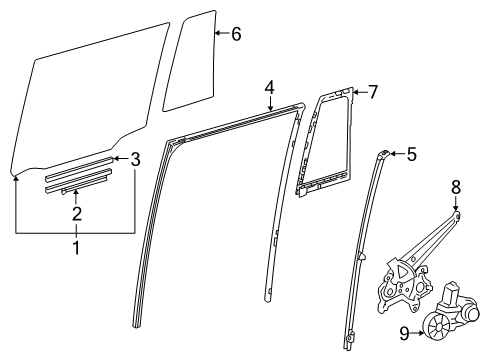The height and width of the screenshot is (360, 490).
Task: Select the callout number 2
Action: click(x=75, y=212)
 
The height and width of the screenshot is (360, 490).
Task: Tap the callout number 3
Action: click(x=137, y=157)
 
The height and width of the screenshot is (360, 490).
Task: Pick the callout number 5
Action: click(x=412, y=154)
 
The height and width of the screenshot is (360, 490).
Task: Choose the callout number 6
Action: click(x=235, y=34)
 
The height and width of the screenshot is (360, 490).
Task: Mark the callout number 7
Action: click(x=372, y=92)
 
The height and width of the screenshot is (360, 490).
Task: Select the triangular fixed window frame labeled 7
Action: click(x=325, y=140)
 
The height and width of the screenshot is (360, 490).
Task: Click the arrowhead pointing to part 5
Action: click(x=394, y=154)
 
